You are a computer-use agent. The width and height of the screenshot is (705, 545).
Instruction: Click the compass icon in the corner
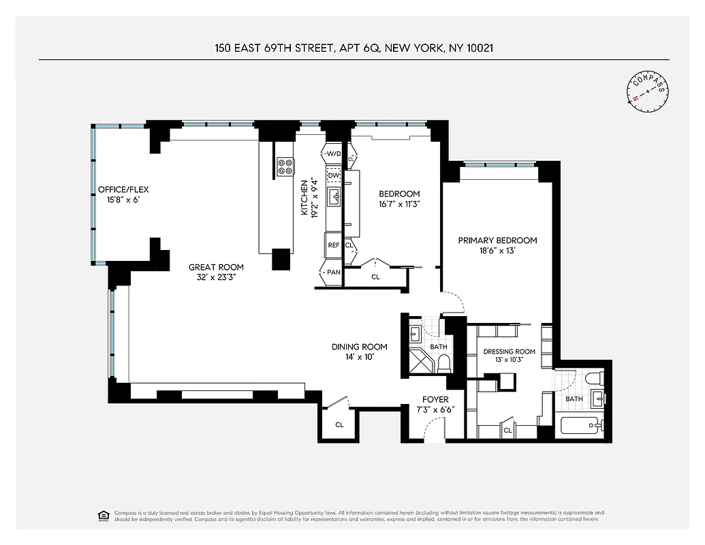[647, 90]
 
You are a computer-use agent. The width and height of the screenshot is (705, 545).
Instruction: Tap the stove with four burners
[285, 166]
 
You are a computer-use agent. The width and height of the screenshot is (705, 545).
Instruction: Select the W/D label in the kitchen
[333, 154]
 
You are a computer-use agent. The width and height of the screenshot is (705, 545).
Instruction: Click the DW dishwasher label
[334, 176]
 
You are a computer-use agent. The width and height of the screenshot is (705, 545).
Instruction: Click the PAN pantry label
[333, 272]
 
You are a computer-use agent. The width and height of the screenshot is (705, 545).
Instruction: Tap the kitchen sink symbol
[335, 198]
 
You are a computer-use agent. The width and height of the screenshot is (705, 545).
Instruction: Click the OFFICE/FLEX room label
[123, 189]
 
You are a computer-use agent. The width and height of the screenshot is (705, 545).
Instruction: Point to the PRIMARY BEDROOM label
[497, 240]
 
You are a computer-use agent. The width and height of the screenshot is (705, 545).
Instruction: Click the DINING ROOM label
[359, 347]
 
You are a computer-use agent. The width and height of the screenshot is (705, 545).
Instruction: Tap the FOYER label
[435, 399]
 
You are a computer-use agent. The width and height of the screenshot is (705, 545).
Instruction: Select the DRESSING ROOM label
[510, 352]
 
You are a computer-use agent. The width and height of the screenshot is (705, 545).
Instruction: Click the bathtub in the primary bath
[580, 426]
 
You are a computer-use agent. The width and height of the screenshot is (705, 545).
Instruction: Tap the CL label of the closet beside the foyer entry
[339, 425]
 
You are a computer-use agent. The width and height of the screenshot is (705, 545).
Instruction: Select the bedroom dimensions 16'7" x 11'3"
[399, 204]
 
